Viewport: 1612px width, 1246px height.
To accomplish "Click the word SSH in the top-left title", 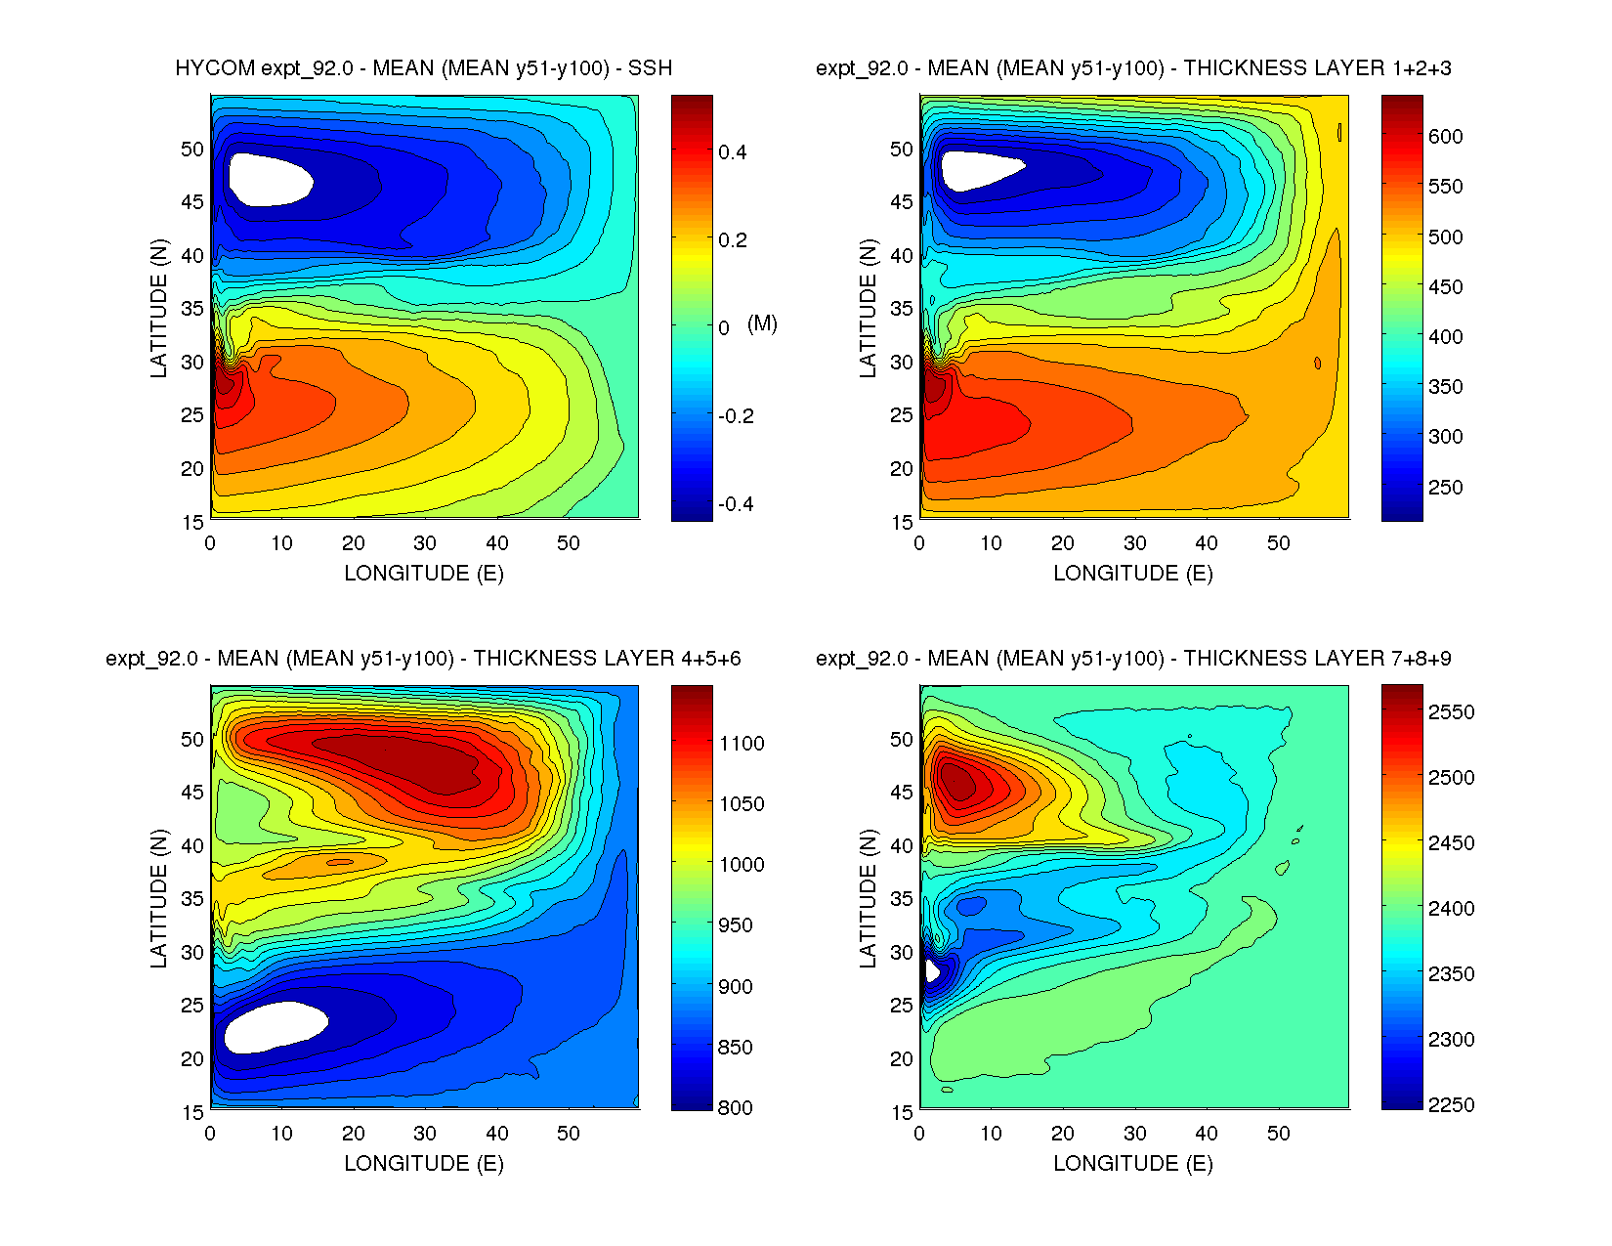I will pos(650,68).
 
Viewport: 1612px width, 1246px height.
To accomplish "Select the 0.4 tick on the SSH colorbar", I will pos(733,151).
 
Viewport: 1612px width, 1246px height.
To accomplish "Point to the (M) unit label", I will pos(762,323).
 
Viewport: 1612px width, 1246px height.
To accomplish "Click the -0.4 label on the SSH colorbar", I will pos(735,504).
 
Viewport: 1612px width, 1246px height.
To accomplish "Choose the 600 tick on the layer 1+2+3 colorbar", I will pos(1445,137).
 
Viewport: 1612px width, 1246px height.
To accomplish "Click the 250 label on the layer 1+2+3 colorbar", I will pos(1445,488).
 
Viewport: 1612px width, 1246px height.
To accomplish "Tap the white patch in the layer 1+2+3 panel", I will pos(977,170).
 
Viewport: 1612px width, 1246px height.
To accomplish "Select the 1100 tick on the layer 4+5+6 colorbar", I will pos(742,744).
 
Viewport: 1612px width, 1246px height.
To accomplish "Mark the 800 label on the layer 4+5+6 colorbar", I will pos(735,1108).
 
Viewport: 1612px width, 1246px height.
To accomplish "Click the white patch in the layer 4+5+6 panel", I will pos(275,1026).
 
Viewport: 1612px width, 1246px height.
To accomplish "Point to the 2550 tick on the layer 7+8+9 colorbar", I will pos(1451,712).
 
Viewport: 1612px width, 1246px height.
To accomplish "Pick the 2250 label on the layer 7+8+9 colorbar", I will pos(1451,1105).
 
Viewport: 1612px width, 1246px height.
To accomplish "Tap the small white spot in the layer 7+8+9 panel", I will pos(931,971).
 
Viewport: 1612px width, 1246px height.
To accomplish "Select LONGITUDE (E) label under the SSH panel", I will pos(424,574).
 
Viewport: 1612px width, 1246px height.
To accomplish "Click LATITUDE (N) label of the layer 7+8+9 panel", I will pos(868,898).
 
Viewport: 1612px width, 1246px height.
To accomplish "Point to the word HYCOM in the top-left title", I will pos(215,68).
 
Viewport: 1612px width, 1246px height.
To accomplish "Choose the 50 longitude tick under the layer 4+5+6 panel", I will pos(569,1134).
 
